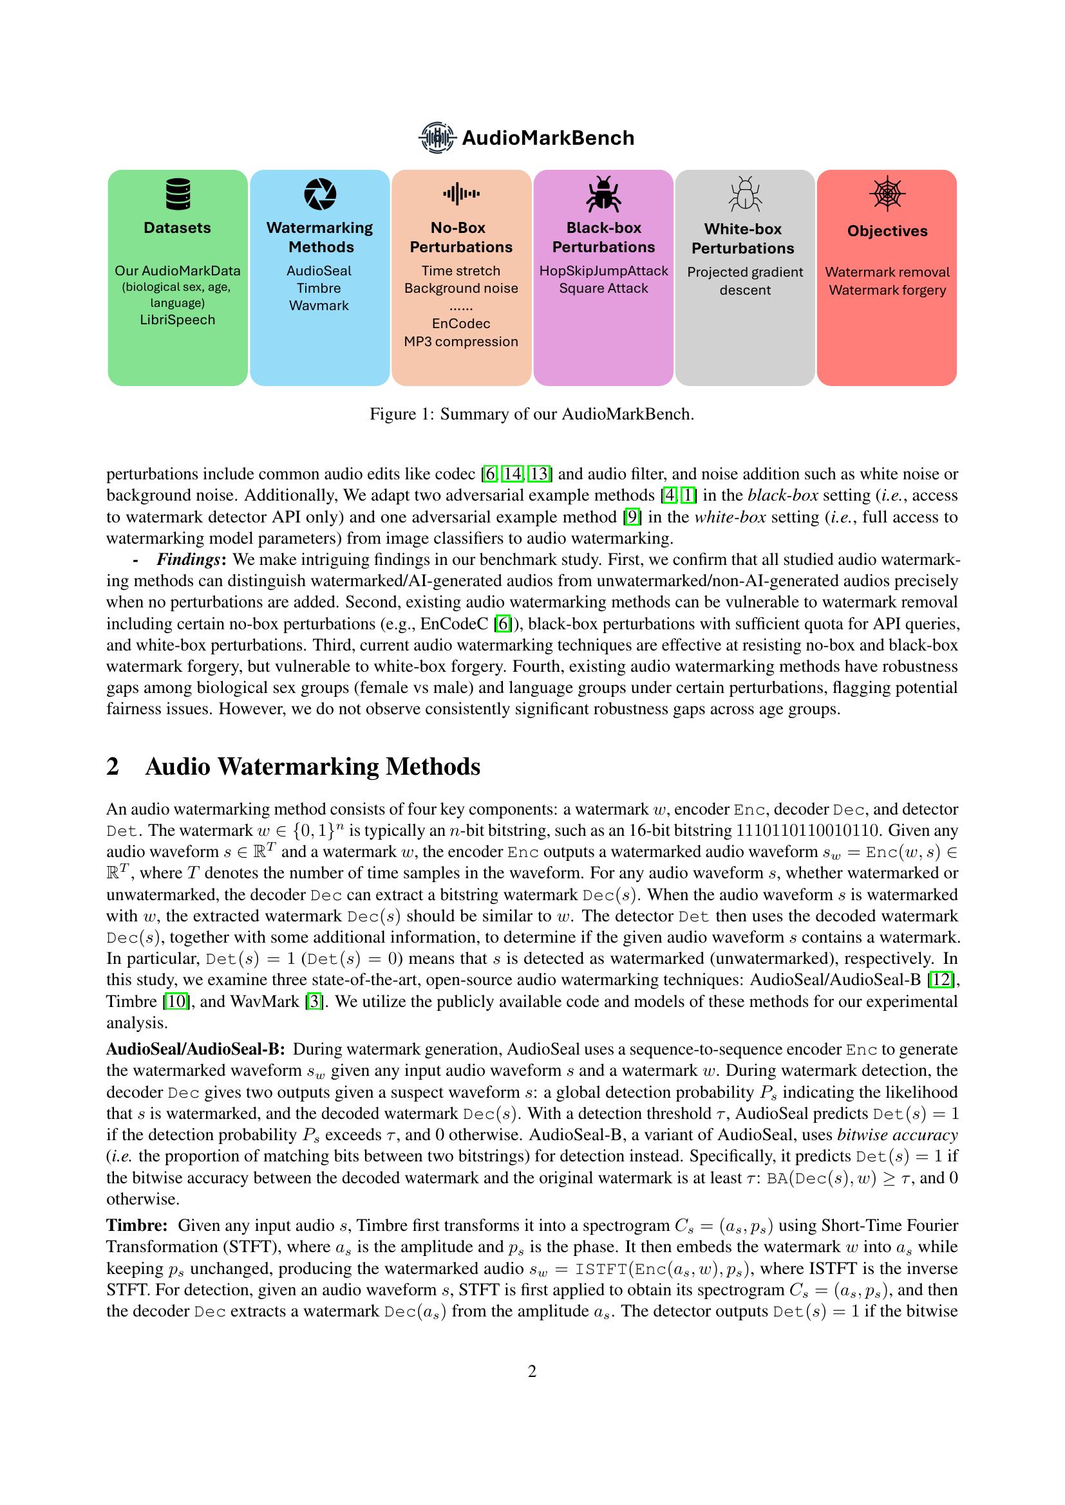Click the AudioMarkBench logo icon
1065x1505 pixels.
pos(437,138)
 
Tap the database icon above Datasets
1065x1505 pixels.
pos(178,194)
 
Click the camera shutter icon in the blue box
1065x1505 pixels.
pos(320,194)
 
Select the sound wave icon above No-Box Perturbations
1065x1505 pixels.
pos(461,194)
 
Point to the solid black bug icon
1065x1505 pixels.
pos(603,194)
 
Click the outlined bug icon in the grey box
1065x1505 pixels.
pos(745,194)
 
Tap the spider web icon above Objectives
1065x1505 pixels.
pos(887,194)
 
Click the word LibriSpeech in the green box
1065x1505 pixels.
pos(177,320)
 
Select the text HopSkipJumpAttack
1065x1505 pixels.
pos(603,271)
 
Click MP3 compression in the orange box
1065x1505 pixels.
pos(461,342)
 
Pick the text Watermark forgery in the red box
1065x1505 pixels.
pos(887,290)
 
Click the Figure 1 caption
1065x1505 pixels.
pos(532,414)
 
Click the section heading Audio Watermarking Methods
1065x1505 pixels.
pos(312,766)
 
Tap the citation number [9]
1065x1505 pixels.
pos(632,517)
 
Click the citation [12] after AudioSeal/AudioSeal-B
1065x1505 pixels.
pos(943,980)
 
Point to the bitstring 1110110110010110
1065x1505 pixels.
pos(807,831)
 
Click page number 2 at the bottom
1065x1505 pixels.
pos(532,1371)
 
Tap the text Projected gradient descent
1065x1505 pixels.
pos(745,281)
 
